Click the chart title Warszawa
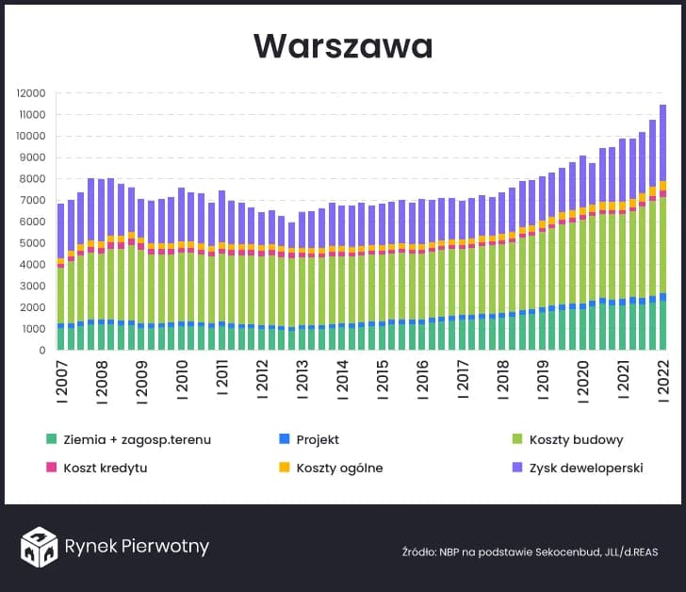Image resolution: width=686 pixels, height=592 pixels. pos(343,46)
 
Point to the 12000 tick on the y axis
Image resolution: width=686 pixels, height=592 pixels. pos(31,93)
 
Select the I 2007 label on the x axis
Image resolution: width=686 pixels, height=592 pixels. pos(60,380)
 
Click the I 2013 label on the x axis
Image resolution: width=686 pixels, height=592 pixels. pos(303,380)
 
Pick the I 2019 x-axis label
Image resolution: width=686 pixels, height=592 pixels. pos(542,380)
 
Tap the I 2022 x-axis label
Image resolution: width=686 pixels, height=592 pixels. pos(662,380)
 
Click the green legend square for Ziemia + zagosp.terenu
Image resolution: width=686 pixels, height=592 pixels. pos(51,439)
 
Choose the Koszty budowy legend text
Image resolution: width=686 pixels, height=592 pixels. pos(576,439)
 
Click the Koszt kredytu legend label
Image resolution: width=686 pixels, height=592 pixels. pos(104,468)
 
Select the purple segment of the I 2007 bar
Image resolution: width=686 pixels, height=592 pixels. pos(60,231)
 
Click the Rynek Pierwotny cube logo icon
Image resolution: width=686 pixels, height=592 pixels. pos(40,547)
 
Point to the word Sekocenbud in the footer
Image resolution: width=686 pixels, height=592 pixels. pos(548,551)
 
